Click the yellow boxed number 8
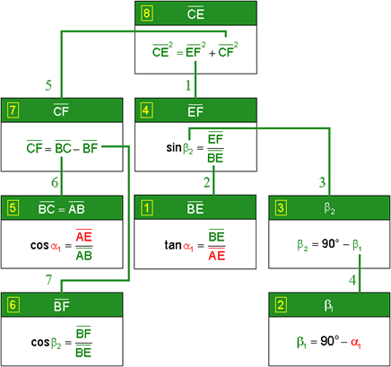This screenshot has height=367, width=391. click(x=146, y=13)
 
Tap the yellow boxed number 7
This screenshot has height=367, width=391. click(x=13, y=110)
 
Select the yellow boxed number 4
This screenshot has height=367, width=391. click(x=146, y=110)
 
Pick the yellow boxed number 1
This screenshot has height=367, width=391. click(x=146, y=208)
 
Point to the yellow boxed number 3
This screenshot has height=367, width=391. click(x=281, y=208)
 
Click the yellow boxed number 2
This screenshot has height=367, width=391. click(x=281, y=305)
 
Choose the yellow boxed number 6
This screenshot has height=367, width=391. click(x=13, y=305)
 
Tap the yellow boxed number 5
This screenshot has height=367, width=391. click(x=13, y=208)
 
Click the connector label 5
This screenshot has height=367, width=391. click(x=48, y=85)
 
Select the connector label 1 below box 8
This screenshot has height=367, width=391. click(x=188, y=85)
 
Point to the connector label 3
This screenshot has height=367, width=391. click(x=322, y=182)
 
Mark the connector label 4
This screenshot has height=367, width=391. click(x=352, y=280)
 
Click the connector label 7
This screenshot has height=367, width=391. click(x=48, y=280)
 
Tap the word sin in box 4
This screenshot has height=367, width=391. click(x=174, y=147)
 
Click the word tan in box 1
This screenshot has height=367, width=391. click(x=173, y=245)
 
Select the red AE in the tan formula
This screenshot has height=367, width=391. click(x=217, y=256)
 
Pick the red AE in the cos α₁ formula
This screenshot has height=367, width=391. click(x=83, y=236)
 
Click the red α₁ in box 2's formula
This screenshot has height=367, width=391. click(x=355, y=343)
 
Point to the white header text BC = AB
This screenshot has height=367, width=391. click(x=62, y=208)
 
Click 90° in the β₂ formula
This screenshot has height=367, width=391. click(x=330, y=244)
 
